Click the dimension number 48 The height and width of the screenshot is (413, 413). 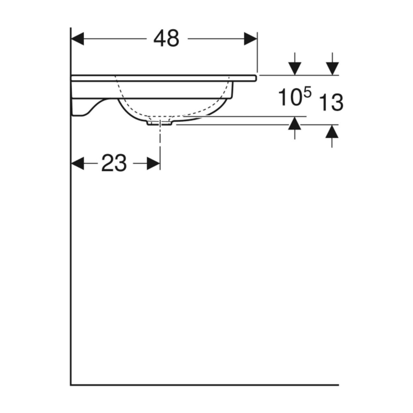point(166,38)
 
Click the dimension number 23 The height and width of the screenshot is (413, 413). point(114,163)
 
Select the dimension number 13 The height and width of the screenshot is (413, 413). point(331,102)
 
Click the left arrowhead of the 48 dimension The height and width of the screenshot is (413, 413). point(78,39)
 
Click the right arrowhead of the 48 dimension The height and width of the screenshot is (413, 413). point(250,39)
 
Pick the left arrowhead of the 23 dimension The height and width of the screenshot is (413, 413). point(78,163)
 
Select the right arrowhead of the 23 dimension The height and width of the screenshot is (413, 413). point(153,163)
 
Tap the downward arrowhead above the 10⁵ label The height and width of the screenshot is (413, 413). point(295,68)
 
